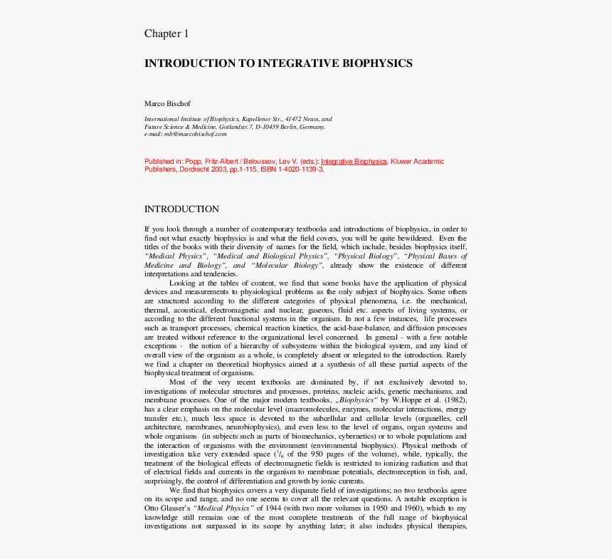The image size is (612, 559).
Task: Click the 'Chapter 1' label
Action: tap(167, 33)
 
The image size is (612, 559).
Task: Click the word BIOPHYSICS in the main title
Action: tap(379, 63)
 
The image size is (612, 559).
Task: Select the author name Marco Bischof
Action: tap(167, 104)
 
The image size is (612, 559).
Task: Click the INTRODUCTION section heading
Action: tap(181, 209)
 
